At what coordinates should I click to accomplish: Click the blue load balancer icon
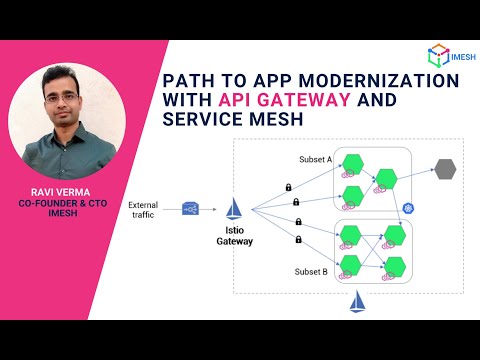(x=190, y=209)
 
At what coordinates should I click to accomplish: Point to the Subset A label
(x=315, y=160)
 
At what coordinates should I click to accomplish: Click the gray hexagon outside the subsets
(x=444, y=170)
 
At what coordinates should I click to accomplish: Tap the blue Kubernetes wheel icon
(x=408, y=208)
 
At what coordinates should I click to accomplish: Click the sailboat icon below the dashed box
(x=357, y=302)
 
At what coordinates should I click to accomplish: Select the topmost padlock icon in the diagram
(x=288, y=187)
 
